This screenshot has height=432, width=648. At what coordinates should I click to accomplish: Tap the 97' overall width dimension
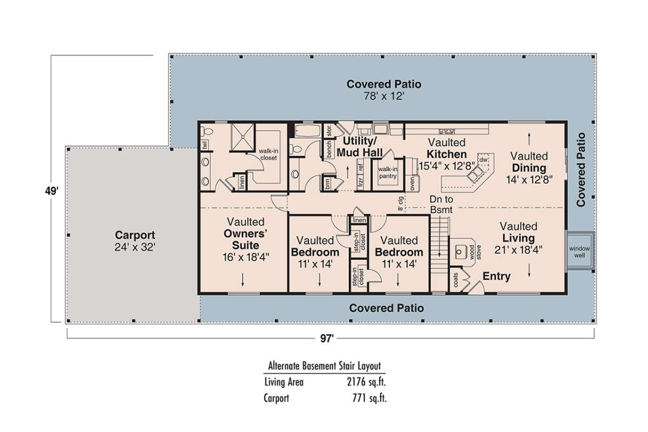click(x=326, y=338)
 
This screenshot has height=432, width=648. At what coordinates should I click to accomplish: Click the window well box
click(x=579, y=250)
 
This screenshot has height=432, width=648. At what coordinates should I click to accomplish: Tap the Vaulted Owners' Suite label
click(x=245, y=240)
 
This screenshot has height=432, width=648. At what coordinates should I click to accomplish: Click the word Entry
click(x=496, y=276)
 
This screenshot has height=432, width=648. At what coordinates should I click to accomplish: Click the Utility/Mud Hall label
click(x=360, y=146)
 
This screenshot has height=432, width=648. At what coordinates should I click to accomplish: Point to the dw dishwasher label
click(x=483, y=160)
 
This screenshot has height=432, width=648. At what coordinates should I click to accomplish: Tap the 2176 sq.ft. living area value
click(x=367, y=382)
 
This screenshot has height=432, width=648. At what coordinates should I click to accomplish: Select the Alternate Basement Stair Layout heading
click(x=325, y=366)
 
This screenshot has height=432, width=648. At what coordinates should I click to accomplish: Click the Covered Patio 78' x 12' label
click(x=383, y=90)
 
